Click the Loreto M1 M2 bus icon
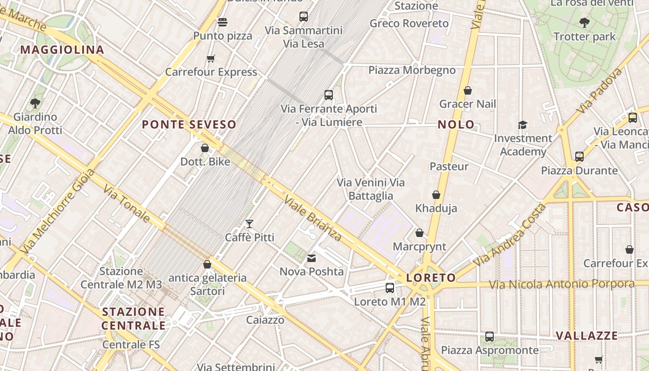(390, 288)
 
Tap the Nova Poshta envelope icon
(312, 258)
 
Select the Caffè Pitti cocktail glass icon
(249, 224)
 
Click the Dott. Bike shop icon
(205, 148)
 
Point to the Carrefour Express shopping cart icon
(211, 58)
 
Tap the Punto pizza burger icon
(223, 22)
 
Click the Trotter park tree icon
(585, 22)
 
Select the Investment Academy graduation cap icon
(523, 125)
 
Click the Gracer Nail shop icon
(468, 90)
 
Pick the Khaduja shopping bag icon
(436, 195)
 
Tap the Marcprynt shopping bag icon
(420, 233)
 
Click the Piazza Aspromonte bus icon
(490, 337)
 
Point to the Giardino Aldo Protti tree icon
(35, 103)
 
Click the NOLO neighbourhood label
(456, 124)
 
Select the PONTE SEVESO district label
(189, 124)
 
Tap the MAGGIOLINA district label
(62, 50)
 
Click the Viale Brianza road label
(313, 218)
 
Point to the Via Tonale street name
(127, 204)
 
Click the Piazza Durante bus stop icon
(579, 157)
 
